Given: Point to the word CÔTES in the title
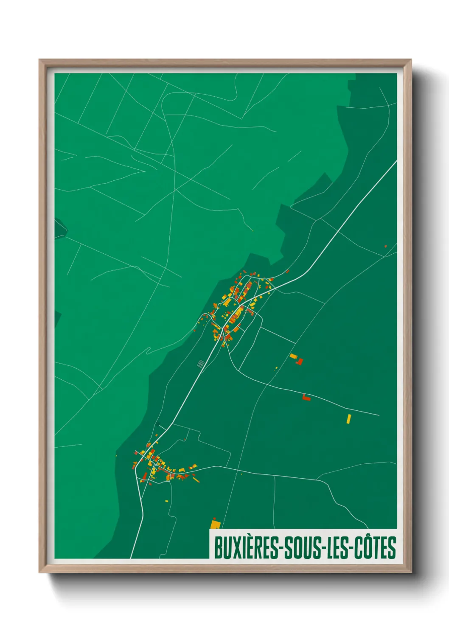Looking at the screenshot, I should (374, 548).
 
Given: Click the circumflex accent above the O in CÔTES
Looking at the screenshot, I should (367, 536).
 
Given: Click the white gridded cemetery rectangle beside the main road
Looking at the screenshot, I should (201, 363).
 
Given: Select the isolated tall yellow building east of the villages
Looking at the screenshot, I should (349, 419).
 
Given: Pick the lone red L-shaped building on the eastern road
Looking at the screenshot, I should (306, 398).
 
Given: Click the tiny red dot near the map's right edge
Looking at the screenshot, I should (385, 246).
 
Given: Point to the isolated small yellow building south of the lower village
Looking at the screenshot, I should (167, 501).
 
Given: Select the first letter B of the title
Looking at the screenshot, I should (218, 548).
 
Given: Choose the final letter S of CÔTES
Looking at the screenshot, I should (392, 548).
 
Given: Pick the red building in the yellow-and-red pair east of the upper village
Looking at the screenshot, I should (300, 362).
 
